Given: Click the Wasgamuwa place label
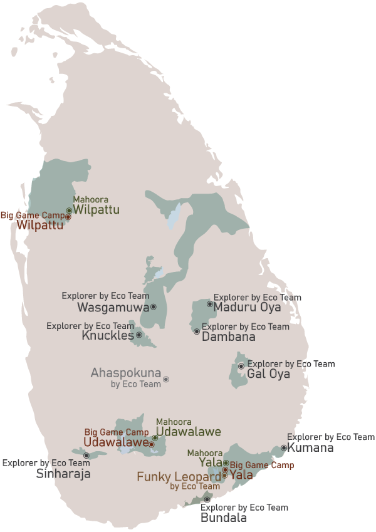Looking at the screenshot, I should [x=113, y=308].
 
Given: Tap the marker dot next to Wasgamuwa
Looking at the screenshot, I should [x=154, y=307].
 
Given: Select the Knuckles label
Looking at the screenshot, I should [x=108, y=335].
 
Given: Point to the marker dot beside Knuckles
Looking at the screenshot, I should [x=139, y=335].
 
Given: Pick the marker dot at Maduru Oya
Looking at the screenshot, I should [x=210, y=304].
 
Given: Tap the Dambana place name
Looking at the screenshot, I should [x=229, y=336].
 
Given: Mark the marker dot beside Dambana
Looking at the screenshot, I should [x=197, y=331].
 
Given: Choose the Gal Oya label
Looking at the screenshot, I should [x=269, y=374].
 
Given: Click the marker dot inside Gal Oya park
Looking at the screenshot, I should [x=241, y=366].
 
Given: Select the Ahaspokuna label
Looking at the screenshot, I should [x=126, y=373].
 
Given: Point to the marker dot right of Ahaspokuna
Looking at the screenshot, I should [x=166, y=379].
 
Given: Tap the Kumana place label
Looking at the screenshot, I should [x=310, y=448].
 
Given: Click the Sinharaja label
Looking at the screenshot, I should [x=63, y=474].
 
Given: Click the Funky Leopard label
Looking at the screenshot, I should [x=179, y=477].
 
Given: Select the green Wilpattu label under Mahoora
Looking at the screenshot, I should [x=97, y=210].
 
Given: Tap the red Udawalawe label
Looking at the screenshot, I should [x=115, y=442].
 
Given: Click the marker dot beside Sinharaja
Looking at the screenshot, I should [x=86, y=456].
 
